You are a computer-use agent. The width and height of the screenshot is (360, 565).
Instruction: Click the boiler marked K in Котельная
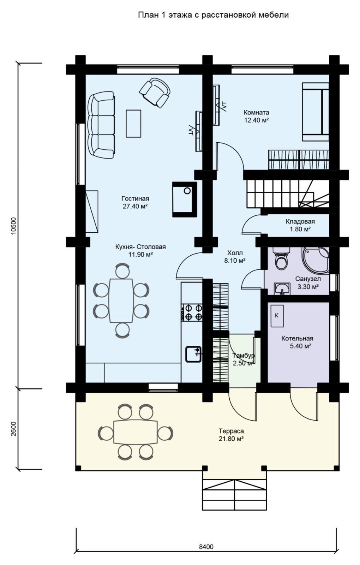(x=277, y=316)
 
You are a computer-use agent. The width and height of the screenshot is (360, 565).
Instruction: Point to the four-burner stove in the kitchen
(x=192, y=313)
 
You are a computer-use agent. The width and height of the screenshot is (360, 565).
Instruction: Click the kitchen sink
(x=193, y=355)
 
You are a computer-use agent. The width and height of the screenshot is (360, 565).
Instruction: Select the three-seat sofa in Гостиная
(x=101, y=125)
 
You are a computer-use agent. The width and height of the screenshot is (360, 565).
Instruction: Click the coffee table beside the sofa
(x=133, y=124)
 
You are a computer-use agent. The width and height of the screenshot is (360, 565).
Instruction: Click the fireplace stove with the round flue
(x=185, y=199)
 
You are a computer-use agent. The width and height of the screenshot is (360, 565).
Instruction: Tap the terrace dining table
(x=136, y=432)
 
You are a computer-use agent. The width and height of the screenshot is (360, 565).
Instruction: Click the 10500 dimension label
(x=14, y=226)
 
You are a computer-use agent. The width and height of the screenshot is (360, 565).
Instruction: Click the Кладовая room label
(x=300, y=221)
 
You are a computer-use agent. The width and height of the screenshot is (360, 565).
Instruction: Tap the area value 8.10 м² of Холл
(x=235, y=261)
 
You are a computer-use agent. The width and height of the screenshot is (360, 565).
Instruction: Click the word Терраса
(x=231, y=431)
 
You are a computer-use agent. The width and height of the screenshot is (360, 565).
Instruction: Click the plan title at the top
(x=213, y=15)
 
